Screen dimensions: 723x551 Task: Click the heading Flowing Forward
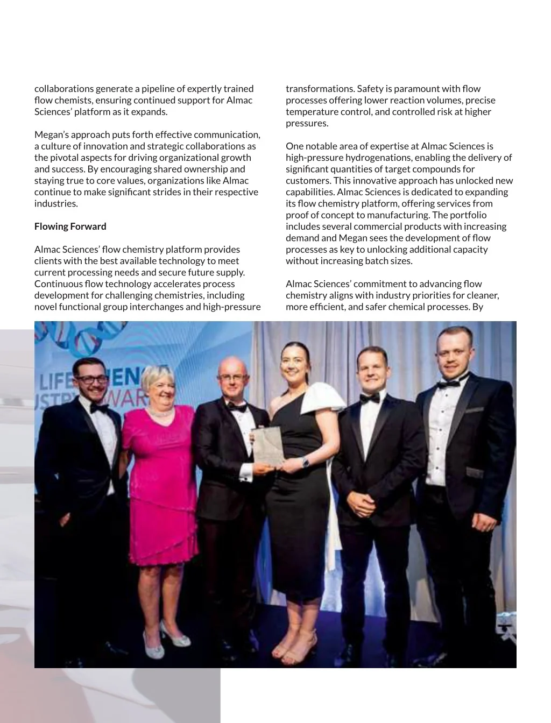pos(70,226)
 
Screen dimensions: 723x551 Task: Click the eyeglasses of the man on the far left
pos(91,379)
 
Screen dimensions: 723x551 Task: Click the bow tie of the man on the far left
pos(100,408)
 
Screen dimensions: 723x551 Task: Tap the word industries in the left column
pos(55,203)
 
